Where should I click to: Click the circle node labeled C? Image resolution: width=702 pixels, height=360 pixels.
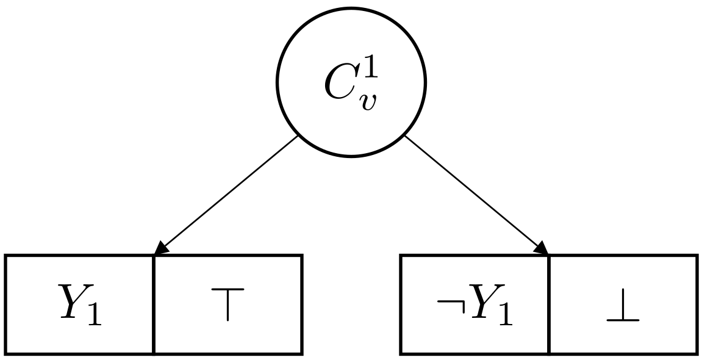pos(351,82)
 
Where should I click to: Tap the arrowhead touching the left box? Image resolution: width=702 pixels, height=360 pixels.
pos(160,249)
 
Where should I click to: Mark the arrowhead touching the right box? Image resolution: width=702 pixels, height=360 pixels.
pos(542,248)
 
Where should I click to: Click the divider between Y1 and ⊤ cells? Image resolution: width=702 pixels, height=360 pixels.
pos(153,304)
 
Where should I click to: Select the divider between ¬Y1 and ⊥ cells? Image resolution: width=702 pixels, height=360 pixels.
pos(549,304)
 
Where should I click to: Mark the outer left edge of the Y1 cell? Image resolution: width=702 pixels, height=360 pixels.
pos(7,304)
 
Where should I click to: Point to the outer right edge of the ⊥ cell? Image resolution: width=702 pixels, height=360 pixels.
pos(697,304)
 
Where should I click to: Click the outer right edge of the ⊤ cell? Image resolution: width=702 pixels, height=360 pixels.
pos(302,304)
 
